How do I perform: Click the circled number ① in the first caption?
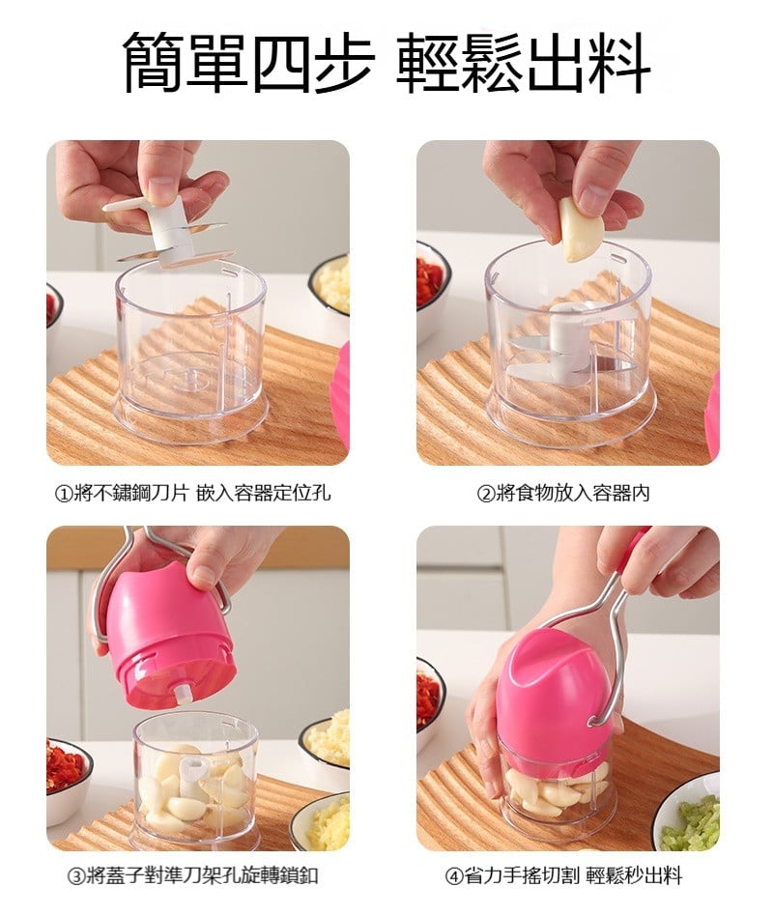pyautogui.click(x=63, y=494)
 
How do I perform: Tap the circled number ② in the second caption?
pyautogui.click(x=486, y=494)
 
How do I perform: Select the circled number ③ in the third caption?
pyautogui.click(x=77, y=876)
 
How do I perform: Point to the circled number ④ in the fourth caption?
pyautogui.click(x=454, y=876)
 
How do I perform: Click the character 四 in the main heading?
pyautogui.click(x=280, y=63)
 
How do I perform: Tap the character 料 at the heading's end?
pyautogui.click(x=620, y=63)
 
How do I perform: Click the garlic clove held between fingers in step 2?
pyautogui.click(x=579, y=230)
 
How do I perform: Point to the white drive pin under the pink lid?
pyautogui.click(x=184, y=694)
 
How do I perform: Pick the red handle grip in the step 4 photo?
pyautogui.click(x=634, y=555)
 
